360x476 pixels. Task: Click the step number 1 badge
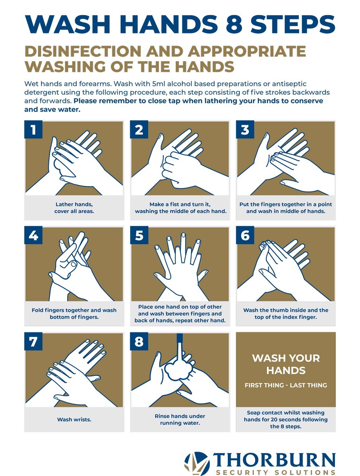coord(33,129)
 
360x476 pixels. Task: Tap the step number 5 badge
coord(139,235)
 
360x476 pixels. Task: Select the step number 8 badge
coord(139,341)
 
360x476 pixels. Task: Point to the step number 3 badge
coord(245,129)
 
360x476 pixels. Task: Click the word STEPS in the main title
coord(293,24)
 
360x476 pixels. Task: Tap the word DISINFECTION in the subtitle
coord(83,51)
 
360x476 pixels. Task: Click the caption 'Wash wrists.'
coord(74,419)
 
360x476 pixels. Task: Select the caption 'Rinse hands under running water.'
coord(180,419)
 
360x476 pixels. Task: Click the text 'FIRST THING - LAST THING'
coord(286,385)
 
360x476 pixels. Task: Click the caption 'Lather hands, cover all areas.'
coord(74,208)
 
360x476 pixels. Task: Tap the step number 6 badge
coord(245,235)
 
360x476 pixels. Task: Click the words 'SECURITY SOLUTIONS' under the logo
coord(276,472)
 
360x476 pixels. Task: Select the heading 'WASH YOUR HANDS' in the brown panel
coord(286,364)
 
